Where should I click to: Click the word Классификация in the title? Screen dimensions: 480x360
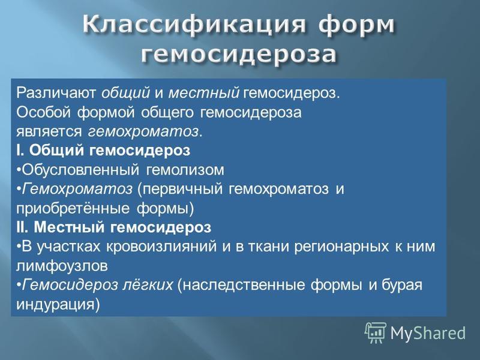[194, 25]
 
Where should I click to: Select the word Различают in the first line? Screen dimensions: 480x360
[56, 93]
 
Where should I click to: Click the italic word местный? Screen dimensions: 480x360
[203, 93]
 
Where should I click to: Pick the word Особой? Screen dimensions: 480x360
[44, 112]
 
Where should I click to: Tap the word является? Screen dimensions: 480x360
[49, 132]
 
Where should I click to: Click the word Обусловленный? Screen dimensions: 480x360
[80, 170]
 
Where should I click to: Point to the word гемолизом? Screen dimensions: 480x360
[185, 170]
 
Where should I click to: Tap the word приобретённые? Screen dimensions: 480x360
[73, 208]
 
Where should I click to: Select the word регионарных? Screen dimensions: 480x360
[341, 247]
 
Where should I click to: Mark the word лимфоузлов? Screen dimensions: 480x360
[62, 266]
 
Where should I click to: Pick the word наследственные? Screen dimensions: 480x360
[244, 285]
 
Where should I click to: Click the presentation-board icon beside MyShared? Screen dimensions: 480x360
[376, 332]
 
